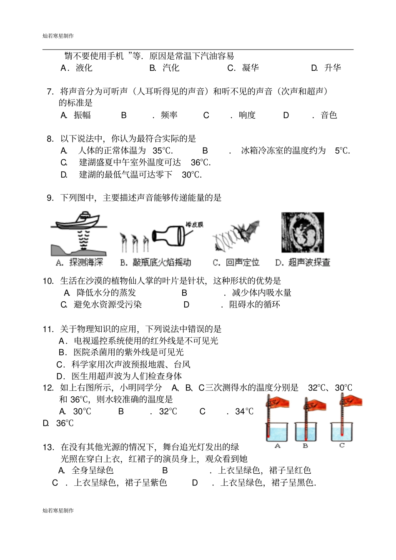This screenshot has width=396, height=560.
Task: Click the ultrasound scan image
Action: click(303, 232)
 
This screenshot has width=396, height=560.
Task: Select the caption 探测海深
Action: click(86, 262)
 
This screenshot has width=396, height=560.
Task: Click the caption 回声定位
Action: click(242, 262)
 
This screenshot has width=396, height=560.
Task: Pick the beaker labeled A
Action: click(277, 432)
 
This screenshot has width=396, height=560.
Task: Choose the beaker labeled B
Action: click(306, 432)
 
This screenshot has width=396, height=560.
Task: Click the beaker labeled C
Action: click(342, 432)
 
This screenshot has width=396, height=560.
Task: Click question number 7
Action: click(50, 92)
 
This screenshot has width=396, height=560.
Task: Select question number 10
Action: click(48, 281)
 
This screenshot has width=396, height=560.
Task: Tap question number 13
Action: click(48, 447)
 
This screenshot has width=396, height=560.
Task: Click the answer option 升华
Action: click(332, 68)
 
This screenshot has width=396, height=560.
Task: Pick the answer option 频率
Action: click(169, 115)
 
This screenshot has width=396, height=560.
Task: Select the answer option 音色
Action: click(328, 115)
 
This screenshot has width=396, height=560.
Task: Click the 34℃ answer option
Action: click(244, 412)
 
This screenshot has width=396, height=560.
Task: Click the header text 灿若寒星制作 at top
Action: click(58, 36)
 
